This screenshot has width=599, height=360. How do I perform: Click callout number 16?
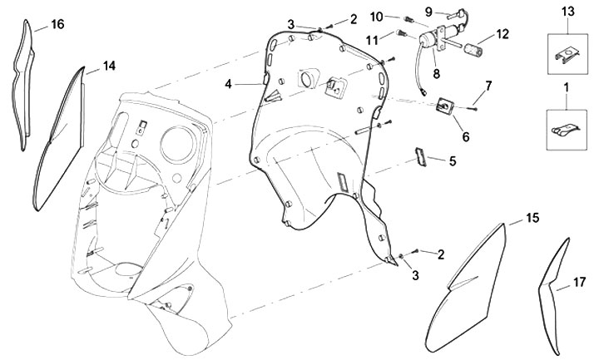click(57, 24)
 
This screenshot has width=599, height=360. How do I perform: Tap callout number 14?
click(110, 65)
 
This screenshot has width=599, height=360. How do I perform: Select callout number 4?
click(227, 82)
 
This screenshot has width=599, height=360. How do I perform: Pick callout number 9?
click(429, 12)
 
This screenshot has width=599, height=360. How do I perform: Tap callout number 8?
click(435, 72)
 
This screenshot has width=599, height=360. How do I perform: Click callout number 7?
click(489, 85)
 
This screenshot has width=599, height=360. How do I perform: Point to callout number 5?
click(453, 161)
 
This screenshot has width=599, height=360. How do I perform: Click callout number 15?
click(532, 218)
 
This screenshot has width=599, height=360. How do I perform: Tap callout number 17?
click(581, 284)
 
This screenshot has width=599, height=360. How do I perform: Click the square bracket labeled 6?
click(447, 107)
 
